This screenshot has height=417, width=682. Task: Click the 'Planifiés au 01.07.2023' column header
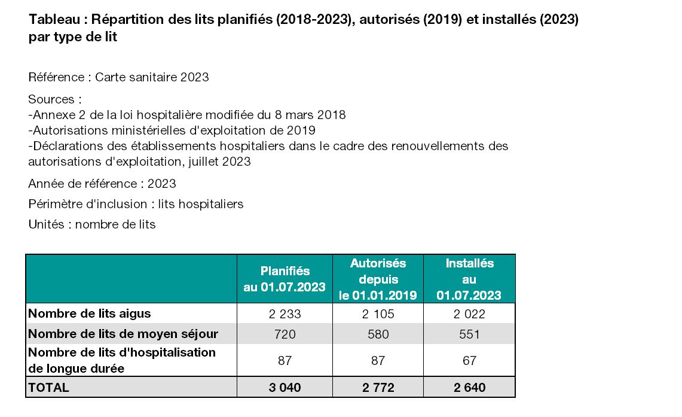tap(285, 279)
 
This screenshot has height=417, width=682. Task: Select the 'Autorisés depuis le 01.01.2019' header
tap(378, 279)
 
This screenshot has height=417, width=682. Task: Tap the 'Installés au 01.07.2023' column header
tap(469, 279)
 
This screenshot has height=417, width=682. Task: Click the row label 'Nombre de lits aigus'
tap(89, 313)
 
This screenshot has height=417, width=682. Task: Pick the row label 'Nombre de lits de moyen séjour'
tap(123, 334)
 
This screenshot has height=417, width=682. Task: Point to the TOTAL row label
tap(49, 388)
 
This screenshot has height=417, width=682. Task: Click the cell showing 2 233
tap(285, 314)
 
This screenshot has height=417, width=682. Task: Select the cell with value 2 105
tap(378, 314)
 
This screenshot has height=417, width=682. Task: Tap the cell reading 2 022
tap(469, 314)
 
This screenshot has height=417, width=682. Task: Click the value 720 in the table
tap(285, 334)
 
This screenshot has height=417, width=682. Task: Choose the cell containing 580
tap(378, 334)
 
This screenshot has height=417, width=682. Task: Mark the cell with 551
tap(469, 334)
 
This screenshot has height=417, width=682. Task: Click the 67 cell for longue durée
tap(469, 360)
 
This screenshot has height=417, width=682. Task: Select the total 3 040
tap(285, 388)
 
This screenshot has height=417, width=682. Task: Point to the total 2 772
tap(378, 388)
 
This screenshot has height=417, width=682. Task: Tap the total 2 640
tap(469, 388)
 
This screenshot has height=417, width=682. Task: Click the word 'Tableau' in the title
tap(54, 20)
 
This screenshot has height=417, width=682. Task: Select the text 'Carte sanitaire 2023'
tap(152, 77)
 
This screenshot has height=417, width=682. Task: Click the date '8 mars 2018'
tap(310, 115)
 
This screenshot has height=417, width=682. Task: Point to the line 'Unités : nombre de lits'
tap(92, 224)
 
